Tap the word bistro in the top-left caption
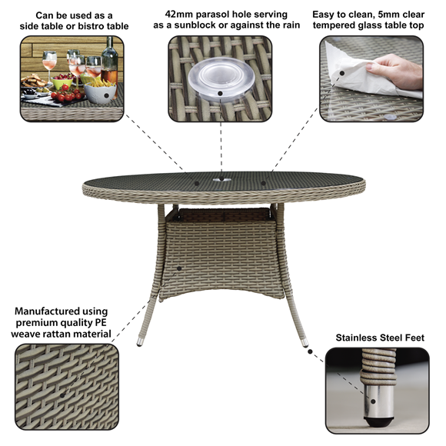tap(80, 26)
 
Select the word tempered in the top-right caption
tap(341, 26)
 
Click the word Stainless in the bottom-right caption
tap(361, 337)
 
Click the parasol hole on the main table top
tap(222, 182)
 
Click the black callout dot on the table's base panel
tap(178, 268)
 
